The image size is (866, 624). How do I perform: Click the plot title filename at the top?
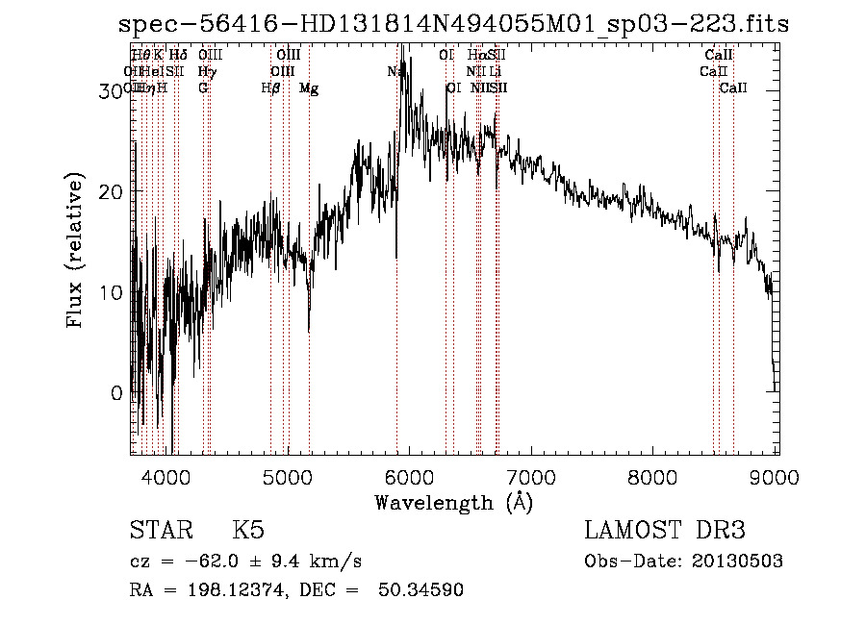[x=453, y=24]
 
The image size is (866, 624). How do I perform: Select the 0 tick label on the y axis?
[x=116, y=393]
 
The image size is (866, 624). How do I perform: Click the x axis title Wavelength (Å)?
[x=453, y=502]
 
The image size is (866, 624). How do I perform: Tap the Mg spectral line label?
[x=309, y=88]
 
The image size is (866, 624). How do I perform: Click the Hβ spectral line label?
[x=271, y=88]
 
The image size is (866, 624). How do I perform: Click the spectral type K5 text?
[x=248, y=531]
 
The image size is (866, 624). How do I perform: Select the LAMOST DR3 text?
[x=665, y=531]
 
